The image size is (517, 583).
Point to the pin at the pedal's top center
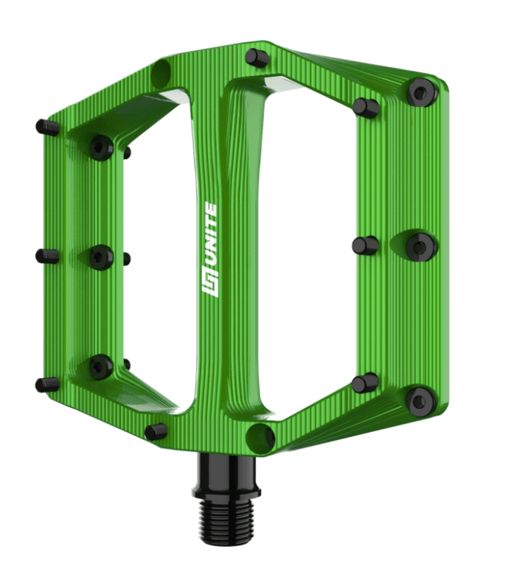(257, 57)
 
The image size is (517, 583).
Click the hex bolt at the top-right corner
(422, 92)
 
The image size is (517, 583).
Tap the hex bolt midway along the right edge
(421, 245)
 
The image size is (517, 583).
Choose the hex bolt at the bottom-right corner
(420, 401)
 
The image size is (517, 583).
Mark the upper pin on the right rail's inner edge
(366, 107)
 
